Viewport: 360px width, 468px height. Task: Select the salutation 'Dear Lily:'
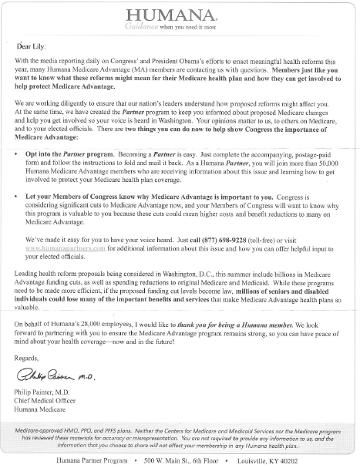[32, 46]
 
